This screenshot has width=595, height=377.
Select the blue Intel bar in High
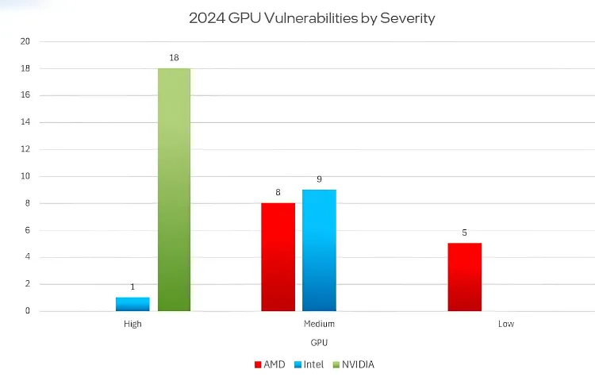pyautogui.click(x=132, y=304)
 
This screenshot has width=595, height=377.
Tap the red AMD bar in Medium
pyautogui.click(x=278, y=256)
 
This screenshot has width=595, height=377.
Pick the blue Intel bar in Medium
pyautogui.click(x=319, y=250)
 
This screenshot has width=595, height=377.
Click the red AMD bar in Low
pyautogui.click(x=464, y=277)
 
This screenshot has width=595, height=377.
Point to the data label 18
pyautogui.click(x=174, y=58)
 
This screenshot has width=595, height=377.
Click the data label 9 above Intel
pyautogui.click(x=319, y=179)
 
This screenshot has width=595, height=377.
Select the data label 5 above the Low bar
pyautogui.click(x=464, y=233)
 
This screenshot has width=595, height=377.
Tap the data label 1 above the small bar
pyautogui.click(x=132, y=287)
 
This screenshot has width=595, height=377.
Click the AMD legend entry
pyautogui.click(x=270, y=364)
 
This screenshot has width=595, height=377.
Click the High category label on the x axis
pyautogui.click(x=132, y=324)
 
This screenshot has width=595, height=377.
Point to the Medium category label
pyautogui.click(x=319, y=324)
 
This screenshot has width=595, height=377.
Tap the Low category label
pyautogui.click(x=505, y=324)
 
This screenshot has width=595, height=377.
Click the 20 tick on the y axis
pyautogui.click(x=25, y=41)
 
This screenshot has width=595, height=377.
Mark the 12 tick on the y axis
pyautogui.click(x=25, y=149)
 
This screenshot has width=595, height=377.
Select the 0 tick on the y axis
pyautogui.click(x=28, y=311)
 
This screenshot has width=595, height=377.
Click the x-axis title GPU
pyautogui.click(x=319, y=341)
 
